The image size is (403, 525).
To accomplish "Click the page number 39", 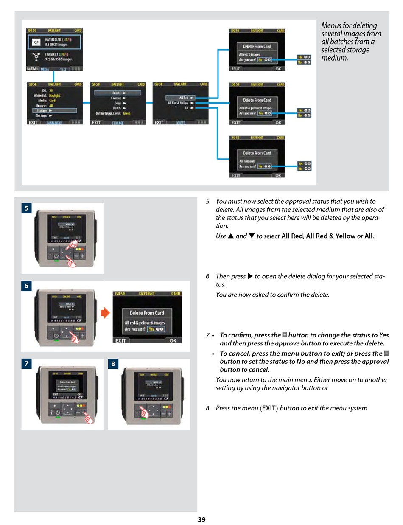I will pyautogui.click(x=201, y=519).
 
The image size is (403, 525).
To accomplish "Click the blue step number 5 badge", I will pyautogui.click(x=26, y=208).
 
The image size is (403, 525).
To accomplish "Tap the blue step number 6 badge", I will pyautogui.click(x=26, y=286).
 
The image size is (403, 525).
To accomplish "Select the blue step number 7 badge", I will pyautogui.click(x=26, y=364).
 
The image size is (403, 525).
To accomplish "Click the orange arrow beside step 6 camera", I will pyautogui.click(x=105, y=314).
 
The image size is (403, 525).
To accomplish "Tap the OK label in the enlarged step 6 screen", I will pyautogui.click(x=173, y=340).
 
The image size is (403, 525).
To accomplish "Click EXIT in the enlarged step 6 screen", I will pyautogui.click(x=121, y=340).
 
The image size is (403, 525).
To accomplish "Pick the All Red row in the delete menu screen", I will pyautogui.click(x=180, y=98).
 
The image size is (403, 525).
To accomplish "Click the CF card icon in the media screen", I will pyautogui.click(x=36, y=42).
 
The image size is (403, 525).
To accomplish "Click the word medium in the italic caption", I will pyautogui.click(x=334, y=58).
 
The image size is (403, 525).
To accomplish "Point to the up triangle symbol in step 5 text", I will pyautogui.click(x=231, y=236).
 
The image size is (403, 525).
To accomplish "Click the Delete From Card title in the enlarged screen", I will pyautogui.click(x=147, y=313).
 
